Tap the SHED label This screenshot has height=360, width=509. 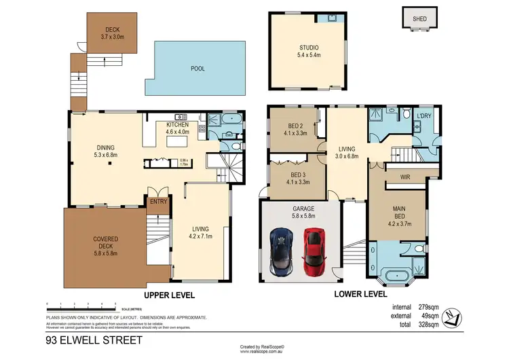click(420, 19)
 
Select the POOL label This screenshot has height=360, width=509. click(197, 69)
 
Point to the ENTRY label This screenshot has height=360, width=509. click(158, 201)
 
